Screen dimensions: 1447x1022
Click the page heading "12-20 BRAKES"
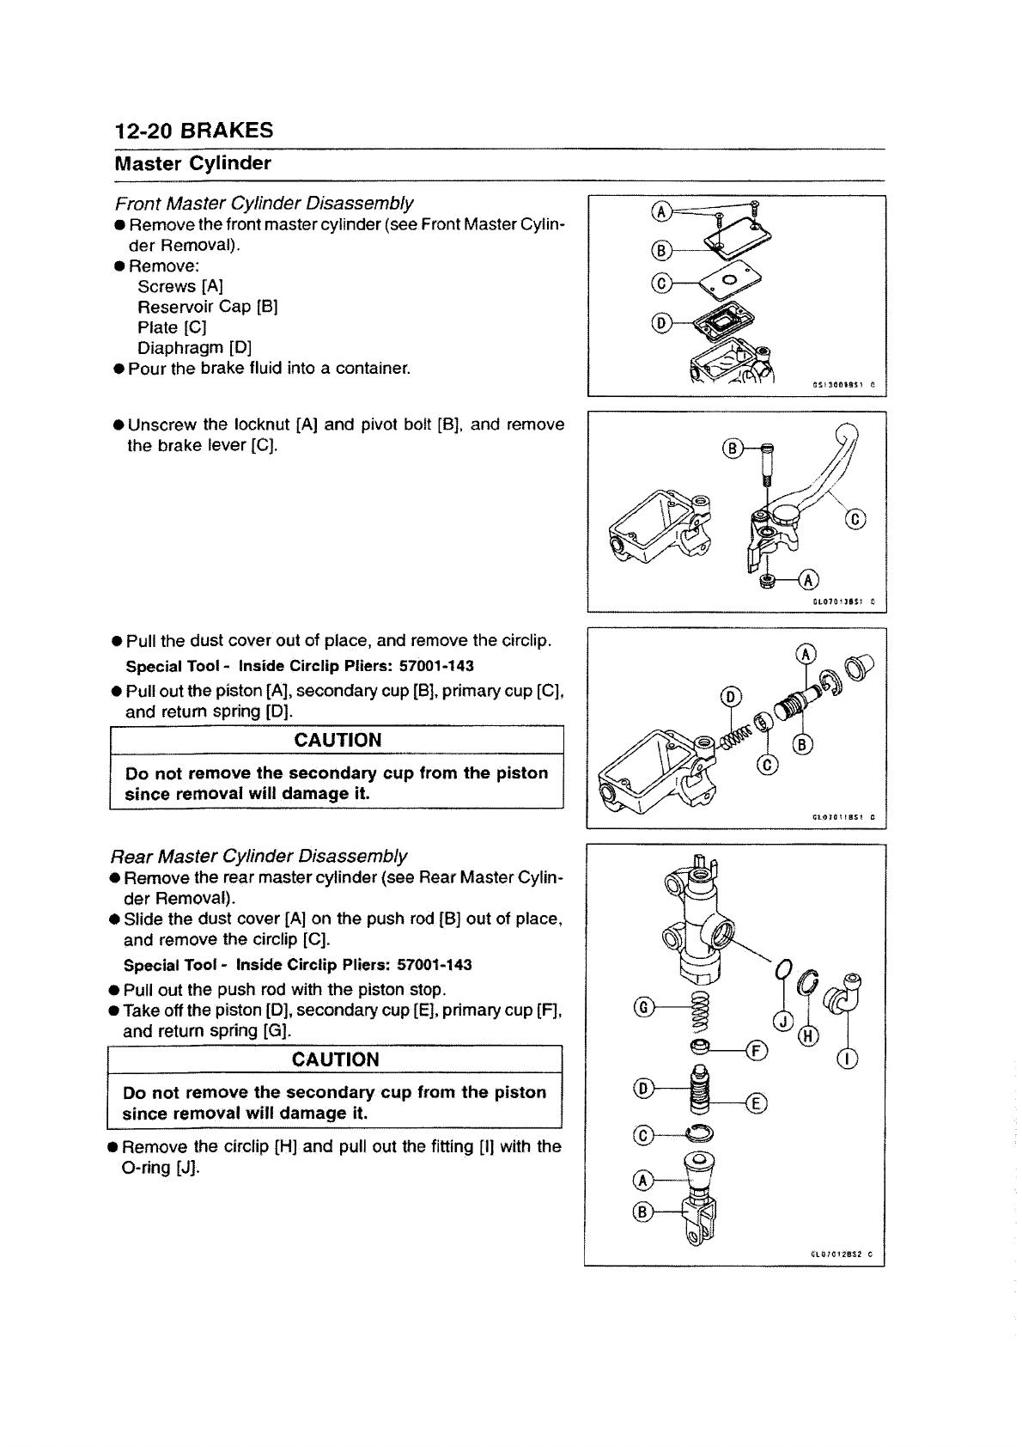[193, 131]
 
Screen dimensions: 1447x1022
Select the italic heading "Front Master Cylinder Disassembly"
[265, 204]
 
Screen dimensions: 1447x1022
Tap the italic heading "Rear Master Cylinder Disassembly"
[259, 857]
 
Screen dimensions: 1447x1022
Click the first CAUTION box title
[337, 740]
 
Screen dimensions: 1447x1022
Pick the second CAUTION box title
[335, 1059]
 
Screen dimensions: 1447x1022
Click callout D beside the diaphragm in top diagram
[660, 323]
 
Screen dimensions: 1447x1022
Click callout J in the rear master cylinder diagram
[782, 1021]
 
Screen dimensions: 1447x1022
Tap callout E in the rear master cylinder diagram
[759, 1104]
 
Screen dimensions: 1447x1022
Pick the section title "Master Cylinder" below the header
[193, 163]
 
